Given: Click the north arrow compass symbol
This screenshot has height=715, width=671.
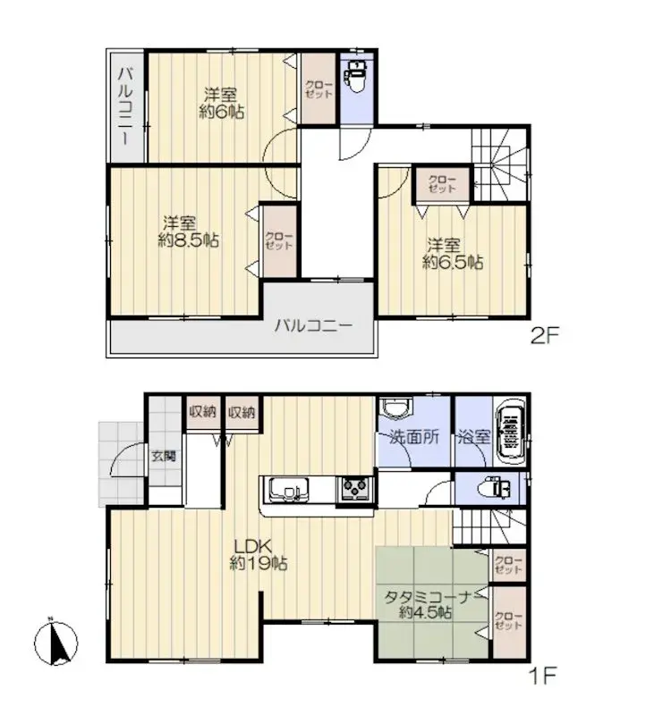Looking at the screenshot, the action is click(55, 642).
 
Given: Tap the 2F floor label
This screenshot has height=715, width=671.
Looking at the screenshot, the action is click(544, 337).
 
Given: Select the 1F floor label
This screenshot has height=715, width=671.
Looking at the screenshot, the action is click(543, 676).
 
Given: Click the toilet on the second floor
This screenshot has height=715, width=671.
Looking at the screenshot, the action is click(356, 76).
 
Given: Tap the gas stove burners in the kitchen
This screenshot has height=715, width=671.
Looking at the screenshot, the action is click(355, 488).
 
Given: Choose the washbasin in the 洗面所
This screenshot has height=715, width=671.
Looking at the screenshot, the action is click(395, 408).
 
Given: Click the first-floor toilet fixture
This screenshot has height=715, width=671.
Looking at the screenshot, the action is click(494, 489).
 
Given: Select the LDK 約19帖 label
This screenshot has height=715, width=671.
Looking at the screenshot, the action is click(258, 554).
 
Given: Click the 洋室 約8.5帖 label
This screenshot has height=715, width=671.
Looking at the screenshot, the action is click(188, 231).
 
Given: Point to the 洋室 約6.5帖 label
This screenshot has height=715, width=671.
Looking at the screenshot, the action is click(453, 254).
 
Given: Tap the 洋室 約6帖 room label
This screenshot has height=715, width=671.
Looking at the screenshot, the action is click(220, 104).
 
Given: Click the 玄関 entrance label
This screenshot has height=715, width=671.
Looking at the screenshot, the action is click(164, 456).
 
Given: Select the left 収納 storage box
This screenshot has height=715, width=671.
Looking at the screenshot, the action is click(202, 413).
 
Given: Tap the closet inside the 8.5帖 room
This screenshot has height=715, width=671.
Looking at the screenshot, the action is click(279, 241).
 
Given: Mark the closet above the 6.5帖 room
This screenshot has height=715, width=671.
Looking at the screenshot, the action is click(442, 184).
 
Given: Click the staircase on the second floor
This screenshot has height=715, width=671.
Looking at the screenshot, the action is click(500, 164).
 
